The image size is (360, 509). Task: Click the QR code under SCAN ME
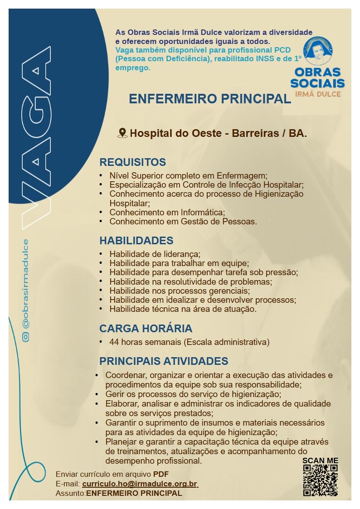321,480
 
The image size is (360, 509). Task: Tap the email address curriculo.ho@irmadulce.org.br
140,484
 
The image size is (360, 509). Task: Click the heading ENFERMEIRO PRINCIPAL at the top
209,99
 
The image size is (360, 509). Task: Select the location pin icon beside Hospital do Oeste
122,133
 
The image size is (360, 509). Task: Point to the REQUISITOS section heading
133,162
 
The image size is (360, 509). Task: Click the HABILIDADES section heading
136,240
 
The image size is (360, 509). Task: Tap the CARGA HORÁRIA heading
146,328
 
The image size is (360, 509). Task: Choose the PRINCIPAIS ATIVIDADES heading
164,361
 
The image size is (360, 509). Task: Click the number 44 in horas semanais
114,342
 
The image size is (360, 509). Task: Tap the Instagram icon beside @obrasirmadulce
26,337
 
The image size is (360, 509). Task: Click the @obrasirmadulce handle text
26,284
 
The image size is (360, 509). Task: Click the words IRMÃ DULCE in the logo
317,94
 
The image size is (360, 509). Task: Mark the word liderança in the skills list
181,254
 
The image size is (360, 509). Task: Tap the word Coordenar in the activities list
126,375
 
